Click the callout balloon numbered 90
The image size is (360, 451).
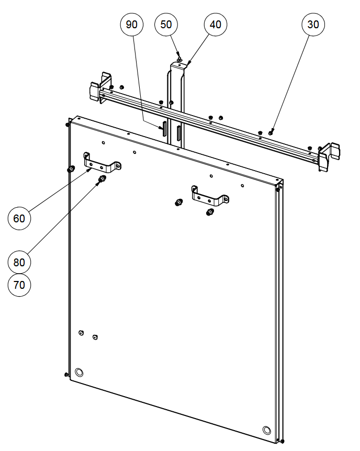[x=131, y=25]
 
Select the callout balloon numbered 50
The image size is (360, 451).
[x=166, y=25]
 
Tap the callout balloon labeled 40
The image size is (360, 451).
[x=216, y=25]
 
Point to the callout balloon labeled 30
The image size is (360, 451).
[x=313, y=25]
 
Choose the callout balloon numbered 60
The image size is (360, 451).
[x=19, y=218]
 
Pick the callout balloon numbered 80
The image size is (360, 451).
[x=19, y=262]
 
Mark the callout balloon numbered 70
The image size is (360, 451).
[x=19, y=285]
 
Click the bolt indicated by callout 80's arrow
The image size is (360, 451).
[x=102, y=179]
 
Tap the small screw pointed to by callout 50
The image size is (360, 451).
[x=179, y=60]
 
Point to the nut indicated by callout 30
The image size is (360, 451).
[x=271, y=132]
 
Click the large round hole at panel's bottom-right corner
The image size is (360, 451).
[x=267, y=430]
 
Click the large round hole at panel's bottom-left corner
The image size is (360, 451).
[x=79, y=372]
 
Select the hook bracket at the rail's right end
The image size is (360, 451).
[x=329, y=157]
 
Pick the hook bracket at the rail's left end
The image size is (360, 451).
[x=100, y=87]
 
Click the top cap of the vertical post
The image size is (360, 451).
[x=178, y=65]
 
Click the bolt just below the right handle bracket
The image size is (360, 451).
[x=210, y=212]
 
